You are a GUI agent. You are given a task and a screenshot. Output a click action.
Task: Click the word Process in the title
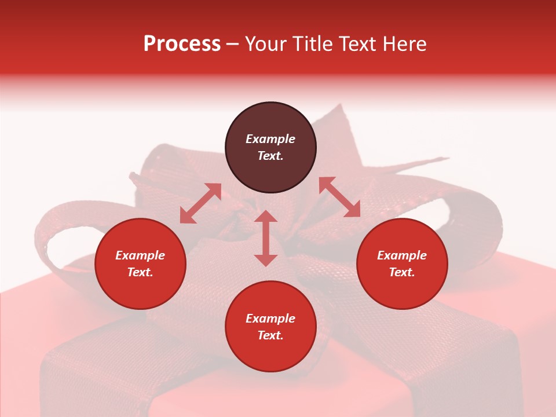[182, 44]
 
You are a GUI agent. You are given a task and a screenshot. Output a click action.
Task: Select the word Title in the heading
[312, 44]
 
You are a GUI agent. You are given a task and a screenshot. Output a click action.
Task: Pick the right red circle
[402, 290]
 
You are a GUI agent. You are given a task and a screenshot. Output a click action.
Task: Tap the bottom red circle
[270, 353]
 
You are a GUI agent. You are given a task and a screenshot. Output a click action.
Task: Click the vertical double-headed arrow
[266, 238]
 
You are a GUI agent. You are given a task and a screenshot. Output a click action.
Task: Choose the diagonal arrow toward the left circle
[200, 203]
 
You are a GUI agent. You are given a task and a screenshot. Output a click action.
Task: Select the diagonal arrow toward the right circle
[339, 197]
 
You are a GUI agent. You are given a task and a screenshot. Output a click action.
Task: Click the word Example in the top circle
[270, 139]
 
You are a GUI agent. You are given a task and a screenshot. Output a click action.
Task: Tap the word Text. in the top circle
[270, 156]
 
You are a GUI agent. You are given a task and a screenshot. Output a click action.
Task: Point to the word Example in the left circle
[140, 255]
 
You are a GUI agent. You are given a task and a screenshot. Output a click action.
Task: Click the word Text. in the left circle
[140, 272]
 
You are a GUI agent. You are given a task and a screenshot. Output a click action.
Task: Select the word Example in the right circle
[402, 255]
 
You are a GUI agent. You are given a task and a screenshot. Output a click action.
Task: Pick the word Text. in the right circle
[402, 272]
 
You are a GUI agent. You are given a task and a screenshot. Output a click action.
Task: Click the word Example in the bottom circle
[270, 319]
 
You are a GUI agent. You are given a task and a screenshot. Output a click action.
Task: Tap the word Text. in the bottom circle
[270, 335]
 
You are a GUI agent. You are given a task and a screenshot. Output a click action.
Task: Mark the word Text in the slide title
[356, 44]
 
